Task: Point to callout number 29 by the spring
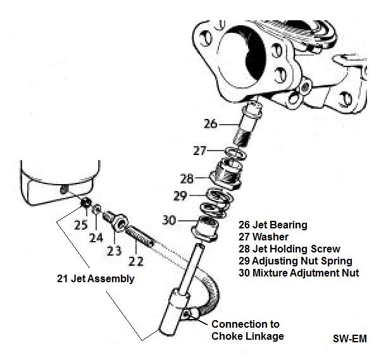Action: [180, 196]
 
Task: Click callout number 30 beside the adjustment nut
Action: [170, 220]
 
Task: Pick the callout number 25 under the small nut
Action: [80, 225]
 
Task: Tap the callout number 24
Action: [96, 238]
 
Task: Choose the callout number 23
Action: [114, 250]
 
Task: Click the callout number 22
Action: [137, 259]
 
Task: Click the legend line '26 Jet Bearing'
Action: [273, 225]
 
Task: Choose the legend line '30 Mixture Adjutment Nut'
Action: [299, 273]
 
